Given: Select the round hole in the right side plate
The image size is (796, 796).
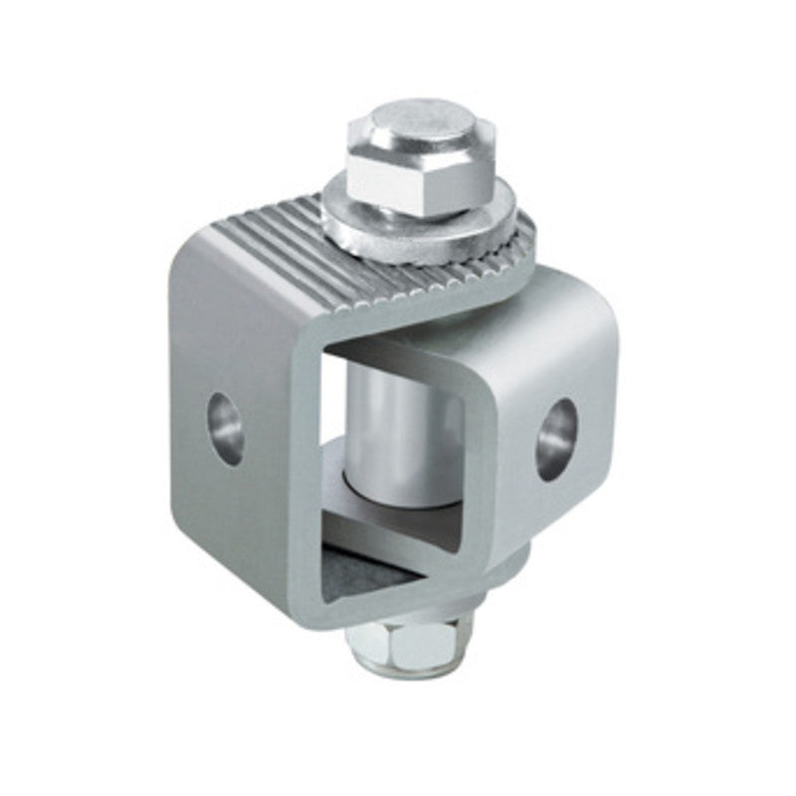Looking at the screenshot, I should pos(556,439).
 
